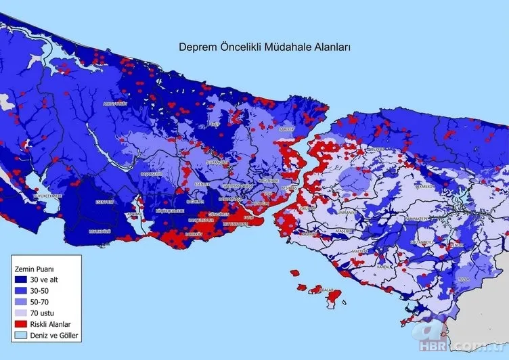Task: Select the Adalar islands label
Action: coord(327,290)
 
